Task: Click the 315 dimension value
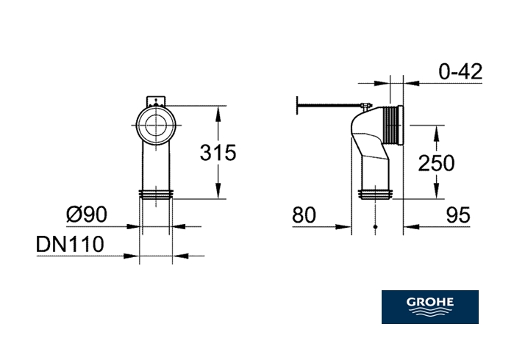(218, 152)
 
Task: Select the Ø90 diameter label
(87, 215)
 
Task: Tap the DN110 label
(70, 244)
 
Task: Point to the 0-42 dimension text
(460, 71)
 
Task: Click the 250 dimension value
(436, 163)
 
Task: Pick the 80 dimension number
(304, 215)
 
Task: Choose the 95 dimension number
(458, 215)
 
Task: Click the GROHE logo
(429, 307)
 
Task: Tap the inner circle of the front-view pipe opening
(156, 126)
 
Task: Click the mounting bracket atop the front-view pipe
(156, 101)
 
